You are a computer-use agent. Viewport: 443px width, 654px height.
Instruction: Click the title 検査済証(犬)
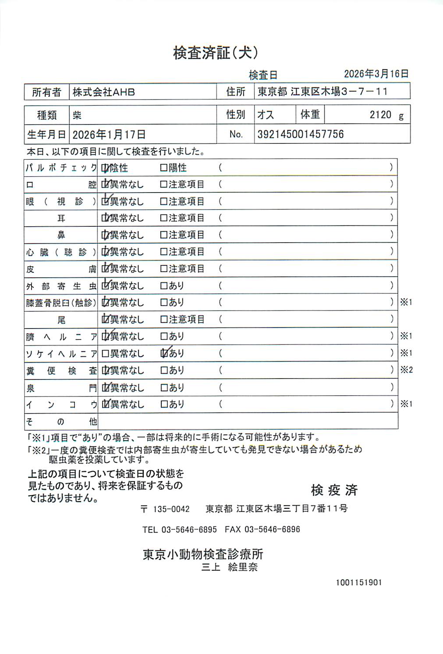tap(215, 53)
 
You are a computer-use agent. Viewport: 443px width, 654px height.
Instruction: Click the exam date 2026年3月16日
tap(376, 74)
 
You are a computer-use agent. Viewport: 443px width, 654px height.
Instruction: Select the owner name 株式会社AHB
tap(104, 92)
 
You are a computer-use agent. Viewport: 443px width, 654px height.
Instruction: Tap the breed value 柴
tap(77, 115)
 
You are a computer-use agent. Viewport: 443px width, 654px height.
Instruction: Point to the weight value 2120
tap(380, 115)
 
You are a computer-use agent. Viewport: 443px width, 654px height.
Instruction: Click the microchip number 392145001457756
tap(300, 134)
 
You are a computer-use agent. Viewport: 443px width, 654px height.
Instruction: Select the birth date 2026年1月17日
tap(109, 135)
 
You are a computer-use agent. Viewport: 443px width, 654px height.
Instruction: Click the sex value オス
tap(266, 115)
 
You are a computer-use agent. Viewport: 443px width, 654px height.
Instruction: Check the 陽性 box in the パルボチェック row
tap(164, 168)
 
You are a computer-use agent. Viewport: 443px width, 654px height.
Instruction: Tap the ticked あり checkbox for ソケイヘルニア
tap(164, 353)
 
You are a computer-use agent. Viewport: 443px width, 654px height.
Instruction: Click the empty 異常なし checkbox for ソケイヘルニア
tap(105, 354)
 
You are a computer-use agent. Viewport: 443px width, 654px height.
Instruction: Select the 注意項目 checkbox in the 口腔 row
tap(164, 185)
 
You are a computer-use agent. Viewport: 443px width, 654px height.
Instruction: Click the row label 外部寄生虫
tap(61, 286)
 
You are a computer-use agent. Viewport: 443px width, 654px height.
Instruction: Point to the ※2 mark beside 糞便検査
tap(406, 370)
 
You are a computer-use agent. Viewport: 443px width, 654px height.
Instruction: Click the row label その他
tap(61, 422)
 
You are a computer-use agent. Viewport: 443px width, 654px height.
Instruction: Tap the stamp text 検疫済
tap(334, 490)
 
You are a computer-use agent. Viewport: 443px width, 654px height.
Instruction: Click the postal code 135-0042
tap(171, 509)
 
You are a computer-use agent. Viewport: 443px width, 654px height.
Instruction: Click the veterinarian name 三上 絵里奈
tap(229, 567)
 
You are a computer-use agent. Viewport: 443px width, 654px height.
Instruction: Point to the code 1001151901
tap(359, 583)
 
